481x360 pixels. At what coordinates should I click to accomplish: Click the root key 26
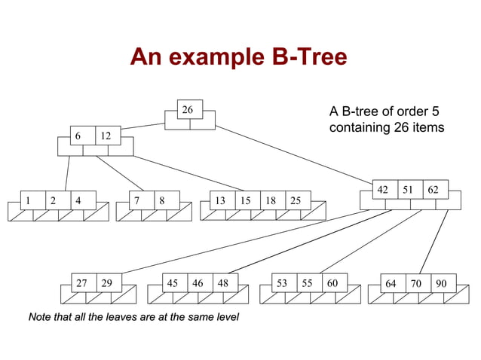(187, 110)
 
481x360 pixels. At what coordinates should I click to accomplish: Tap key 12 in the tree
(105, 136)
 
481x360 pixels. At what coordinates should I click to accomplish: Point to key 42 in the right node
(383, 189)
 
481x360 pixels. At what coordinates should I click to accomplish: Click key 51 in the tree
(408, 189)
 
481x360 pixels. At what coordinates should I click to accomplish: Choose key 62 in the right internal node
(433, 189)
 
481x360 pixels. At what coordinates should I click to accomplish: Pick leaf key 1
(28, 200)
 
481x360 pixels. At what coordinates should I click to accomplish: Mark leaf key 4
(78, 200)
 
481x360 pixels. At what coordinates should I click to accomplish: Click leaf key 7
(136, 200)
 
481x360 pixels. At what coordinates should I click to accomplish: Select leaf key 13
(220, 200)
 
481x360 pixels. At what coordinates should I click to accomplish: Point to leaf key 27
(81, 283)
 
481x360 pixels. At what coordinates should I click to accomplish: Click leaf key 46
(198, 283)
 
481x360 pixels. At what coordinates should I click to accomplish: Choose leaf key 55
(307, 283)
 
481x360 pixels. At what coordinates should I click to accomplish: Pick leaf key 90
(441, 283)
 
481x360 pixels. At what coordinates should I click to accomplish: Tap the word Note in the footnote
(41, 317)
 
